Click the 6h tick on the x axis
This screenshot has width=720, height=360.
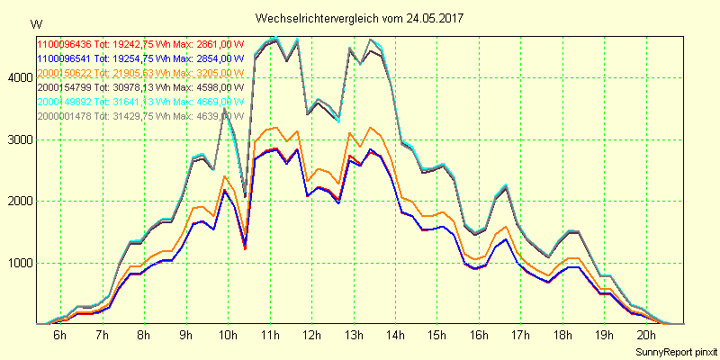(59, 336)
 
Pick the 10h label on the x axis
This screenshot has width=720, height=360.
(227, 336)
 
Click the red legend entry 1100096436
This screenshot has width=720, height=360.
(64, 43)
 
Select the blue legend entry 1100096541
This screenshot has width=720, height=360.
(64, 58)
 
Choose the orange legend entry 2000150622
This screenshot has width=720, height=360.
(64, 72)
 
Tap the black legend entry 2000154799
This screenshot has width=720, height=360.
(64, 86)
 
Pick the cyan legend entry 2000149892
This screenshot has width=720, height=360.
(64, 101)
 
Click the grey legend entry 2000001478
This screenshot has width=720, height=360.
(64, 115)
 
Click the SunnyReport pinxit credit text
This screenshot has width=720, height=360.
(674, 350)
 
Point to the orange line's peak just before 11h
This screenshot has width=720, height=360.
(276, 128)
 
